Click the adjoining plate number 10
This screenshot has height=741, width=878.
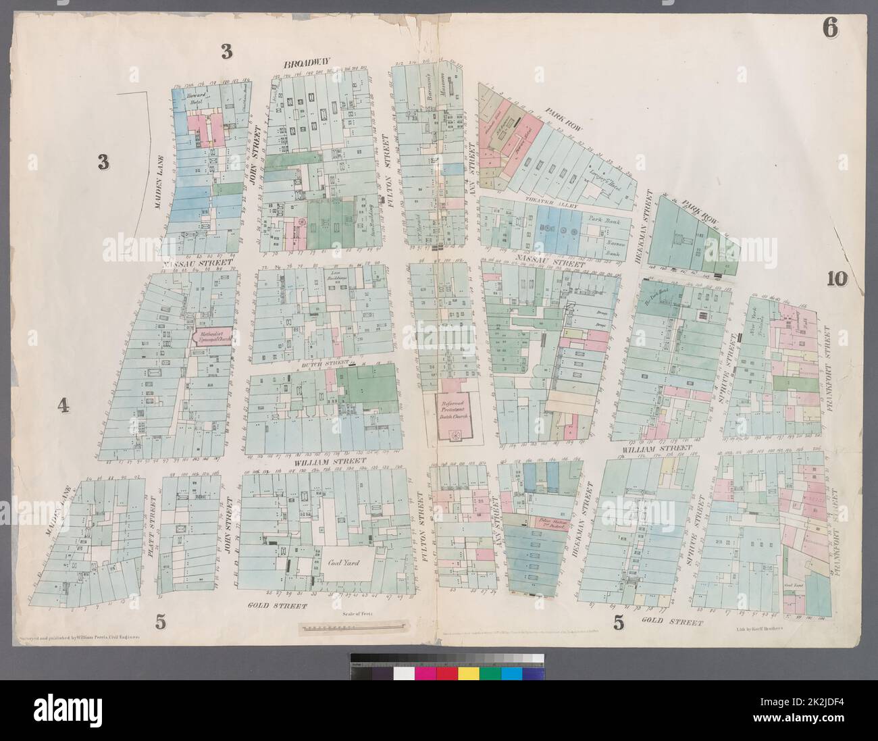point(835,278)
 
